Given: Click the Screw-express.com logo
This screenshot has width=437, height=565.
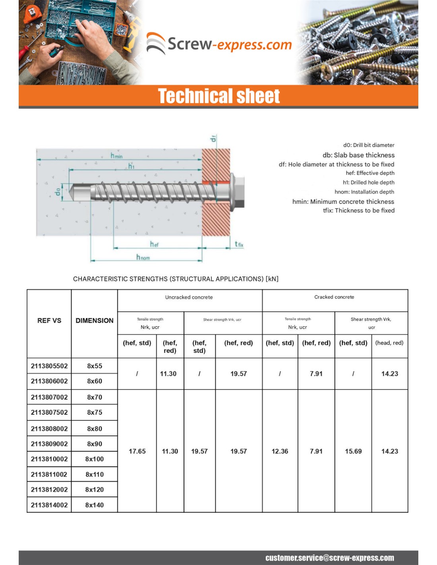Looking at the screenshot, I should coord(219,44).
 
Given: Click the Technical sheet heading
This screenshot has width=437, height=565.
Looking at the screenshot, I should coord(219,96).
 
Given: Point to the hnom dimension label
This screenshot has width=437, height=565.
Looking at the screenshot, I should coord(143,257).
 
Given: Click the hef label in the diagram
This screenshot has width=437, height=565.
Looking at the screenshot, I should coord(154,244).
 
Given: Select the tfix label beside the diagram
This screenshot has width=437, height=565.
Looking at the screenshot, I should coord(239,244).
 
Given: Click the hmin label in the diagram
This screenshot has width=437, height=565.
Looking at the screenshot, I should coord(116,155).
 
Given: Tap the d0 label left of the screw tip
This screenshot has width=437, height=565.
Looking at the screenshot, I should coord(58,192).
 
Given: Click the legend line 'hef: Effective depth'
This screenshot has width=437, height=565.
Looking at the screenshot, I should coord(370,173).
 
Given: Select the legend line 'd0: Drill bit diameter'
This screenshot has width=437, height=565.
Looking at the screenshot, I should coord(369,145).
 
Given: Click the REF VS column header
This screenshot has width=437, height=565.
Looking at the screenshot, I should coord(49,321).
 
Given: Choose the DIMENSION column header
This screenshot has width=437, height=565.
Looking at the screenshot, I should coord(95,321).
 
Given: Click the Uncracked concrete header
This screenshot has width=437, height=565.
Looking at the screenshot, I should coord(189,297).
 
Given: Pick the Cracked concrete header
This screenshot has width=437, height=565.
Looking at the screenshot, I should coord(334,297).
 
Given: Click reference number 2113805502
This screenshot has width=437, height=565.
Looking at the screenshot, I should coord(49,366).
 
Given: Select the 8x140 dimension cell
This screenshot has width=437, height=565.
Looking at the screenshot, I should coord(95,505).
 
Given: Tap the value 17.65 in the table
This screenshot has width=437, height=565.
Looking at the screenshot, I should coord(137,451).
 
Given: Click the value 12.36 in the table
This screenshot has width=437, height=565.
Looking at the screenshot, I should coord(280,451).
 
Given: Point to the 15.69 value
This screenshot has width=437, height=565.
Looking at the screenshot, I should coord(353,451).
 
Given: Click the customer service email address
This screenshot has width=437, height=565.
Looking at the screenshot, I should coord(330,558).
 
